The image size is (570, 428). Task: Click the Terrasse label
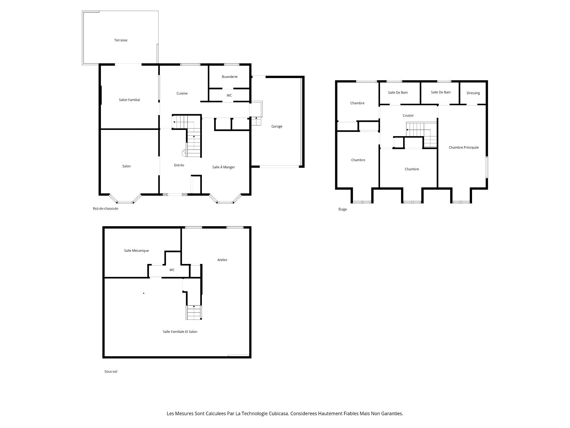pos(121,40)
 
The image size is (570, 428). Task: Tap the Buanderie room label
pos(229,77)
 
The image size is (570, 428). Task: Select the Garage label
pos(277,126)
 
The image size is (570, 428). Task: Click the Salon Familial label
pos(129,100)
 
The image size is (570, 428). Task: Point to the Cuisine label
pos(182,93)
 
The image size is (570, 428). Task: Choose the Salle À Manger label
pos(223,167)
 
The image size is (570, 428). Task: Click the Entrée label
pos(179,165)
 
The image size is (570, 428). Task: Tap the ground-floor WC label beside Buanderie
pos(229,95)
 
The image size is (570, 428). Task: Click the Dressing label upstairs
pos(473,93)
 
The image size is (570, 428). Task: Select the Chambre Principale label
pos(463,147)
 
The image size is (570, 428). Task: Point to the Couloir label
pos(408,115)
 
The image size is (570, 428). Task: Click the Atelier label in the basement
pos(222,260)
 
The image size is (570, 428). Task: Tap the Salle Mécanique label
pos(136,251)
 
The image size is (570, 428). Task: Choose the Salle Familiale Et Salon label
pos(180,332)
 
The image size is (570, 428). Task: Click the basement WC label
pos(172,270)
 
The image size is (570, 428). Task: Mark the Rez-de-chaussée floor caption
pos(105,208)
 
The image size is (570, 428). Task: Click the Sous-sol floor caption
pos(111,372)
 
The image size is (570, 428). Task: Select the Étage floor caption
pos(342,209)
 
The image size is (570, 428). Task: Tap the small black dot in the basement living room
pos(144,293)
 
